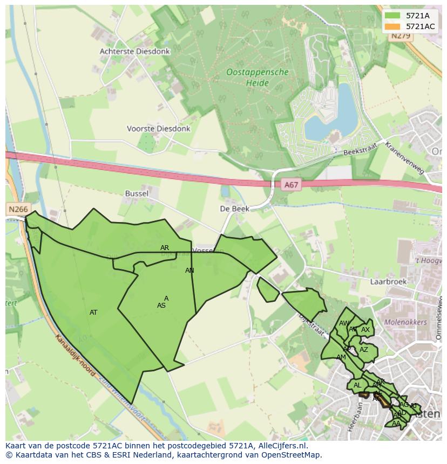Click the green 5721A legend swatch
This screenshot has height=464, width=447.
pos(392,16)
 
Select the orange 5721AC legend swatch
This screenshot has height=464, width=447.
pos(392,26)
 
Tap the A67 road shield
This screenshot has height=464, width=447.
pos(291,185)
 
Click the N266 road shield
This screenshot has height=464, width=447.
pos(18,209)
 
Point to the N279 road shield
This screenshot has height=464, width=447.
pos(401,36)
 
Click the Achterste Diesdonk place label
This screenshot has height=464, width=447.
pos(134,52)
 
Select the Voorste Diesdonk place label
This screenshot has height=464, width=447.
pos(158,129)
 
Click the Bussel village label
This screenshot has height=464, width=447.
pos(137,193)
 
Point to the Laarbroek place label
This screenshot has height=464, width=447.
pos(388,281)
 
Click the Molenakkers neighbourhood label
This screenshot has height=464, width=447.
pos(405,322)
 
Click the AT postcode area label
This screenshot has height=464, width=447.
pos(93,313)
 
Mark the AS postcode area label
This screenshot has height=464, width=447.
pos(161,306)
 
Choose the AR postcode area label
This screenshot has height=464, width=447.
pos(165,248)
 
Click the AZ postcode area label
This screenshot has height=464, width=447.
pos(364,350)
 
